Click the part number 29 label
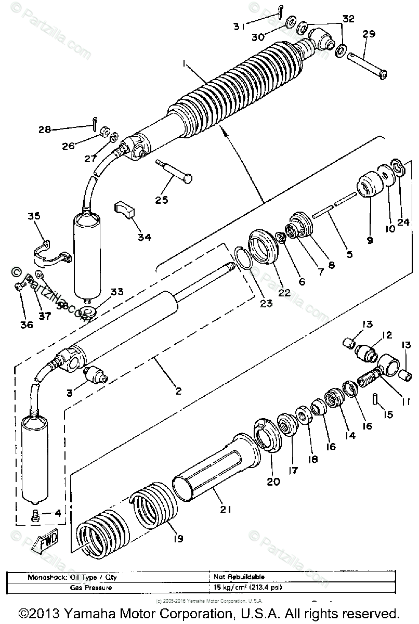point(369,34)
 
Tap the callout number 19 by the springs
point(178,539)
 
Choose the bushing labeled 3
point(95,373)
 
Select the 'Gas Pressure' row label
point(98,587)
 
